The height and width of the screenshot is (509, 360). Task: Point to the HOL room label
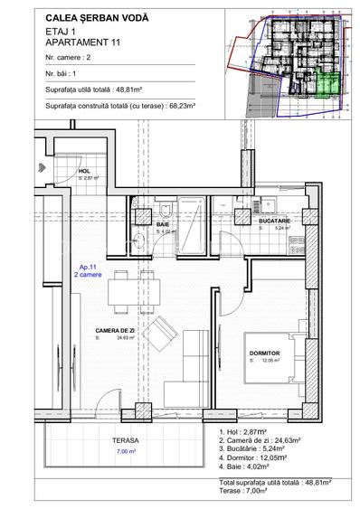coord(84,170)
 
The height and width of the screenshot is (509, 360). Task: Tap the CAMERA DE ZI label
coord(116,331)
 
